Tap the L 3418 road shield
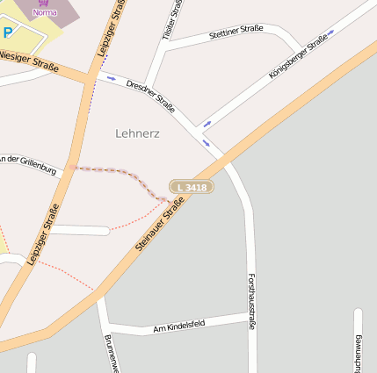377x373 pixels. pos(192,187)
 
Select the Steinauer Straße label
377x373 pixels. pos(159,225)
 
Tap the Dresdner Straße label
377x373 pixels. pos(150,96)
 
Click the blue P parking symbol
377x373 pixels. pos(8,32)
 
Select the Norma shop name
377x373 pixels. pos(44,13)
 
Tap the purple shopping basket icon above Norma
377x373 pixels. pos(44,3)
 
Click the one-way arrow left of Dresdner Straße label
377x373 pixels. pos(112,78)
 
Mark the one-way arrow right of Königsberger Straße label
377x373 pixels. pos(332,33)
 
